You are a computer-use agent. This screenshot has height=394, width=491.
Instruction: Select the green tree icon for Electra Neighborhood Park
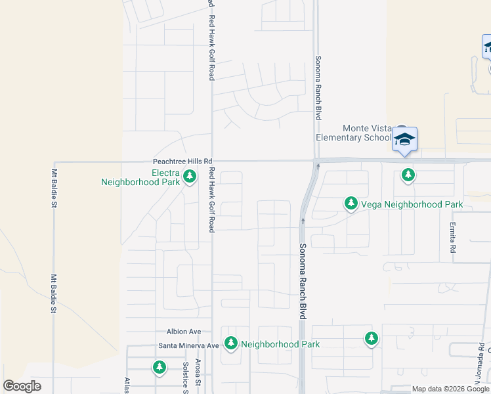pos(190,176)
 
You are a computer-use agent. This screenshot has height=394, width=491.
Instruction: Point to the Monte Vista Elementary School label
pos(353,133)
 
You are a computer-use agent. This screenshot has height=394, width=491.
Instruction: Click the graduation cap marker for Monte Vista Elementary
pos(404,139)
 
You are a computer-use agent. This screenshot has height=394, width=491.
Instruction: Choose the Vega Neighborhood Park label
pos(412,204)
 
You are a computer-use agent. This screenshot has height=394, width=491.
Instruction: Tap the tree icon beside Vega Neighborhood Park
pos(351,204)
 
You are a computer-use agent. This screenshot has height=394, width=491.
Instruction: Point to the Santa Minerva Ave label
pos(188,345)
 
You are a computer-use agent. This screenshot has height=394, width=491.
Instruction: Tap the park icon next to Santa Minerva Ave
pos(230,343)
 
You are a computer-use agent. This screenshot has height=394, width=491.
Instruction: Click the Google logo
pos(22,386)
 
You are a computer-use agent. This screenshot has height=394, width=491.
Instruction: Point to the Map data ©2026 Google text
pos(450,389)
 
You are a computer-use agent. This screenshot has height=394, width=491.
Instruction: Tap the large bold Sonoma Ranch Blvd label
pos(303,280)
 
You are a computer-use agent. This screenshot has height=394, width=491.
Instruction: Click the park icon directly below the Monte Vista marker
pos(408,175)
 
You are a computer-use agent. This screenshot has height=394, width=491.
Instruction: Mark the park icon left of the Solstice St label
pos(159,367)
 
